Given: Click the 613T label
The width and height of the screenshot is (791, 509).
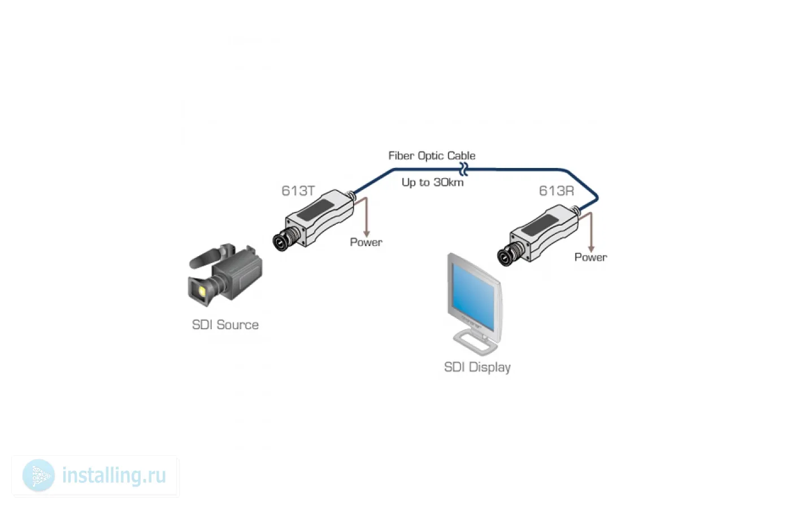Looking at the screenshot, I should coord(298,191).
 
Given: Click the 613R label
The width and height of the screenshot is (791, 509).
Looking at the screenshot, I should coord(556,191).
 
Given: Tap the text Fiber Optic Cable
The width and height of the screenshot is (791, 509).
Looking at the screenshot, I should coord(432,156).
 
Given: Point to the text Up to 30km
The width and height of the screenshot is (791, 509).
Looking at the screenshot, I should coord(432,182).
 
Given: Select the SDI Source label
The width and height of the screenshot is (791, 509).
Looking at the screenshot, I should coord(225,325).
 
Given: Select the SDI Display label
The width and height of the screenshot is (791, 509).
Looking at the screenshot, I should coord(477,367).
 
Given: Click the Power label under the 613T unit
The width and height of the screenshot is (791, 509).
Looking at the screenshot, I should coord(366,242).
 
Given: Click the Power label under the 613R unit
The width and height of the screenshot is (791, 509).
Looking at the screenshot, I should coord(590,257).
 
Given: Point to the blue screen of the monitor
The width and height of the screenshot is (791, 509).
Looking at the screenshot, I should coord(473,296).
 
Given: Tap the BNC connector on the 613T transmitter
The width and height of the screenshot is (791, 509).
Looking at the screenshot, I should coord(283,240).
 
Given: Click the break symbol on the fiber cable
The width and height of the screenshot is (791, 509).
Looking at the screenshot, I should coord(463,169).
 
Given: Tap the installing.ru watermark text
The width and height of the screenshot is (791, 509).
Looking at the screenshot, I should coord(114,476).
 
